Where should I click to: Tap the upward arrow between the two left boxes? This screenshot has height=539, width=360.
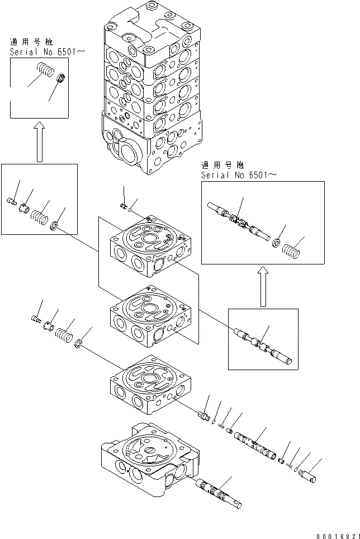39,143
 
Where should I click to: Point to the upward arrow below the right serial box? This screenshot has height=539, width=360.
262,285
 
